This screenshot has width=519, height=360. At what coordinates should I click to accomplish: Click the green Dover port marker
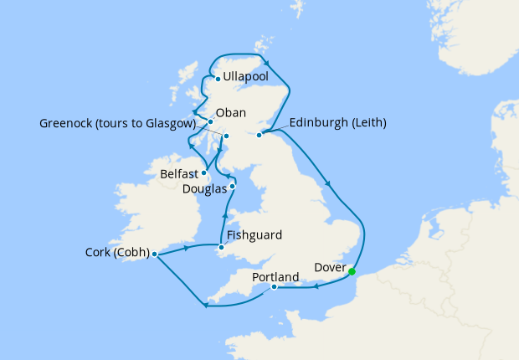click(352, 271)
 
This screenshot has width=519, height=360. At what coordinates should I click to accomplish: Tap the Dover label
click(327, 268)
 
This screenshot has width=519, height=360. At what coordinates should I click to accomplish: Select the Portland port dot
click(275, 287)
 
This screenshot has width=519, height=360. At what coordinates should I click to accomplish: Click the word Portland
click(275, 276)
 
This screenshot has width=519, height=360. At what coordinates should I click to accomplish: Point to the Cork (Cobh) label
click(117, 252)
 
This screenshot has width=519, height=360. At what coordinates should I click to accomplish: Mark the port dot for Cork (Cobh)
click(155, 253)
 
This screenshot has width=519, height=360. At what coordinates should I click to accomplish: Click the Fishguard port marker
click(221, 247)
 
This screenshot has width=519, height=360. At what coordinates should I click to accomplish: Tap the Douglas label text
click(203, 189)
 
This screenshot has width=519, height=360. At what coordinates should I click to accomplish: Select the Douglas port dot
click(233, 187)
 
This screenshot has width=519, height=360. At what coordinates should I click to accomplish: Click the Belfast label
click(181, 174)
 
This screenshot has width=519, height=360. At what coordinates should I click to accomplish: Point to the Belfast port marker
click(204, 172)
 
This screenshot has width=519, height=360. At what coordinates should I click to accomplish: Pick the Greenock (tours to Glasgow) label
click(116, 124)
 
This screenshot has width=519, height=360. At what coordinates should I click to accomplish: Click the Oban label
click(230, 111)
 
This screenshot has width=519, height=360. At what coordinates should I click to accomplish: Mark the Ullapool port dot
click(218, 80)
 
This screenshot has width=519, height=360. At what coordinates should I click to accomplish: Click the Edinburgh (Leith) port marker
click(259, 134)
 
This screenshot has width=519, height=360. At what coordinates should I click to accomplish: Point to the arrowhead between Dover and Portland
click(316, 288)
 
